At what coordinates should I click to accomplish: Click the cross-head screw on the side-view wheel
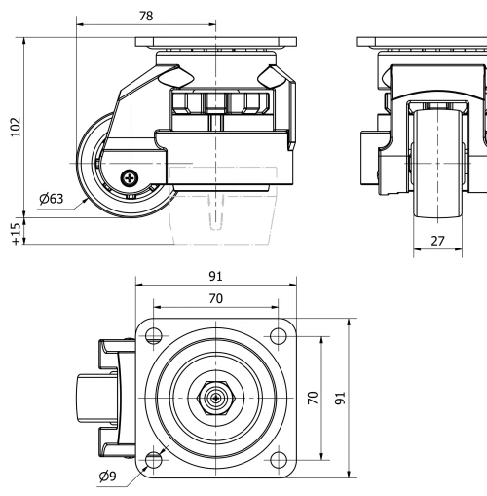(x=130, y=177)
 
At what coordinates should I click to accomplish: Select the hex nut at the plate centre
(x=213, y=398)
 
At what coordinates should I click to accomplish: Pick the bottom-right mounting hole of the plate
(x=277, y=459)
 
